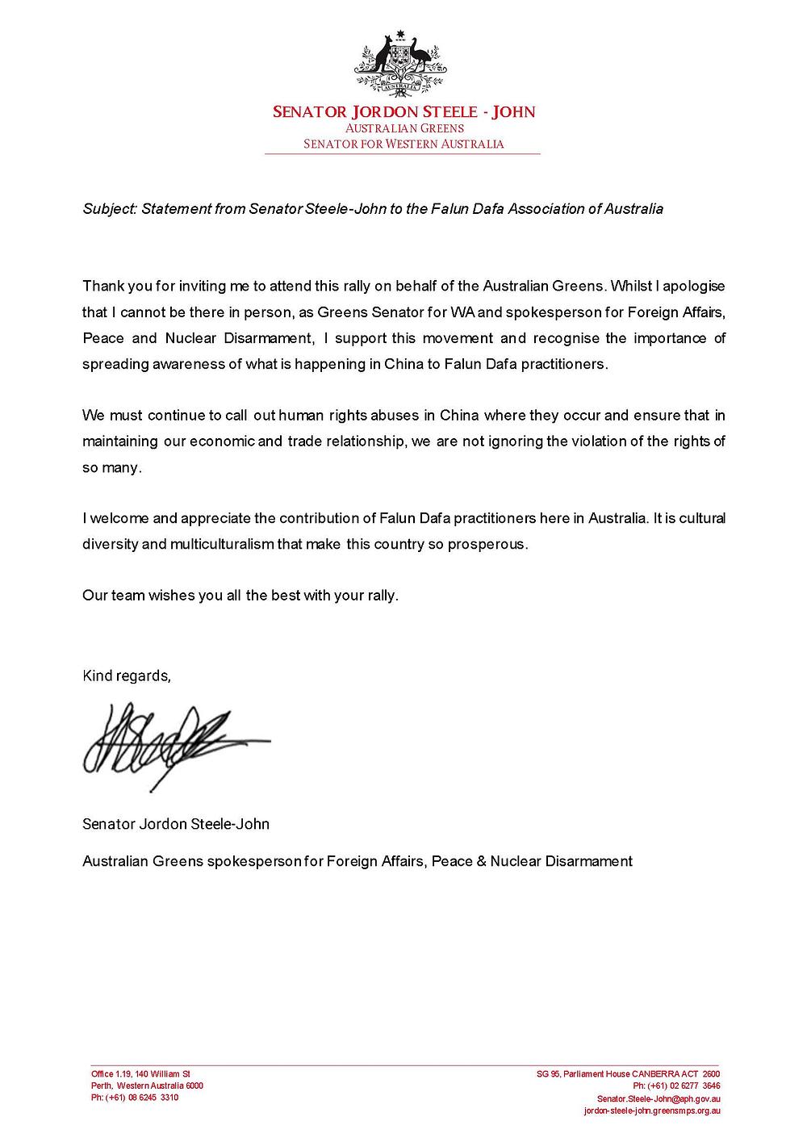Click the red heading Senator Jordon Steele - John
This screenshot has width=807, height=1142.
point(403,112)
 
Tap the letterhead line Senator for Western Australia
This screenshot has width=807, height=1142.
point(403,144)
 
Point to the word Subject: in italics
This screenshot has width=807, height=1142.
point(110,209)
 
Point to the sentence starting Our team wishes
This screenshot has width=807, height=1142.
point(240,596)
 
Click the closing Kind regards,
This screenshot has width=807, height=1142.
point(127,676)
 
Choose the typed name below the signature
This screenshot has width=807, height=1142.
point(176,824)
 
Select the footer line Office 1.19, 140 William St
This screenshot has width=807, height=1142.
point(140,1074)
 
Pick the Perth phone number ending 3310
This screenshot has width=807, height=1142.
point(135,1098)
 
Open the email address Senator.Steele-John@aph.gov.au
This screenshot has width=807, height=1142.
point(659,1098)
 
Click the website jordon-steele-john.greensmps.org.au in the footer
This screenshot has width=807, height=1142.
point(651,1111)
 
